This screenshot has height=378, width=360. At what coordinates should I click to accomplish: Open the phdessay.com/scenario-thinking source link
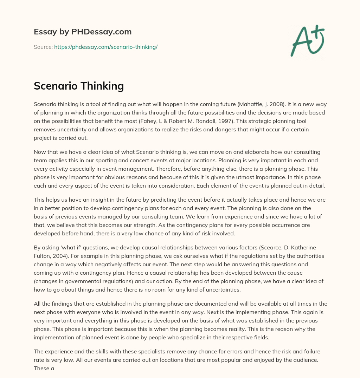tap(106, 47)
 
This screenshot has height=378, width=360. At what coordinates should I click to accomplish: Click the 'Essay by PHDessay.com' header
tap(83, 32)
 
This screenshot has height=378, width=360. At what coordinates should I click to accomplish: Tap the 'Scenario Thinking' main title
tap(79, 86)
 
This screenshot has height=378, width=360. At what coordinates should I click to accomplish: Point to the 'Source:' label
tap(43, 47)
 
